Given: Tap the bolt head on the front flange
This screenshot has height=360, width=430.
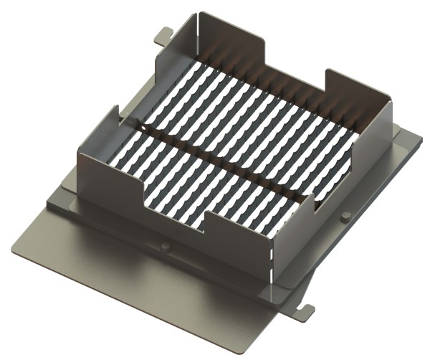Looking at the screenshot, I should (166, 247).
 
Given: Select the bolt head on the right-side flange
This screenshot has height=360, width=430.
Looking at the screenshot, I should (346, 216).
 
